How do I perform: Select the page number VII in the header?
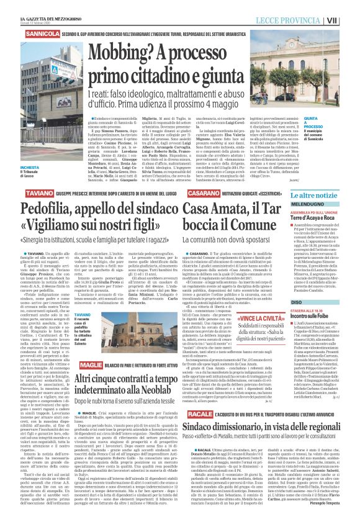[x=350, y=20]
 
